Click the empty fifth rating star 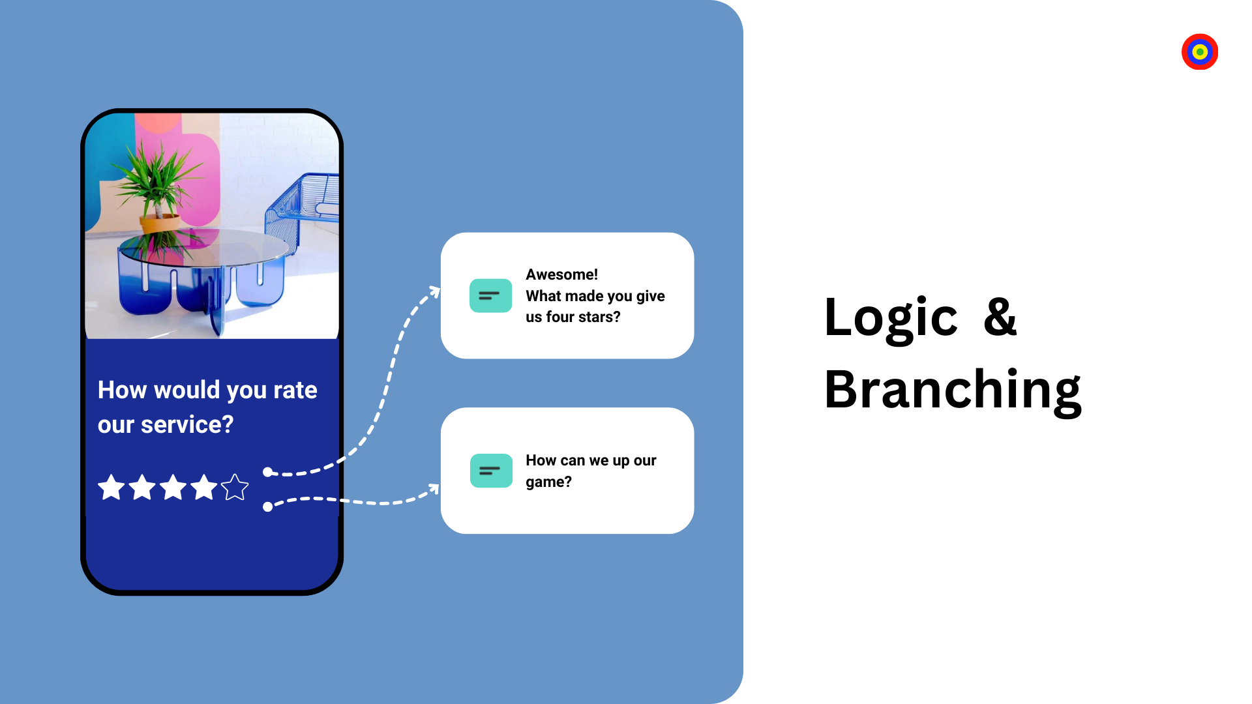235,487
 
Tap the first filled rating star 112,487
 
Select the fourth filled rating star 204,487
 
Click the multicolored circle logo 1200,51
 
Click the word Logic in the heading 891,317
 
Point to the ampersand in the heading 1000,317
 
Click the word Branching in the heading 953,390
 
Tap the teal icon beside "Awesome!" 490,295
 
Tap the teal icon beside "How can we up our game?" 491,471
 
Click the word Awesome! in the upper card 561,274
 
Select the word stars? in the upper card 599,317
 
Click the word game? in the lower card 548,482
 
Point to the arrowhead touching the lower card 434,488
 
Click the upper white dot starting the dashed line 267,472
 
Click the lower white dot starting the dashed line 267,506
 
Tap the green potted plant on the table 158,184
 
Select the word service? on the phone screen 187,425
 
